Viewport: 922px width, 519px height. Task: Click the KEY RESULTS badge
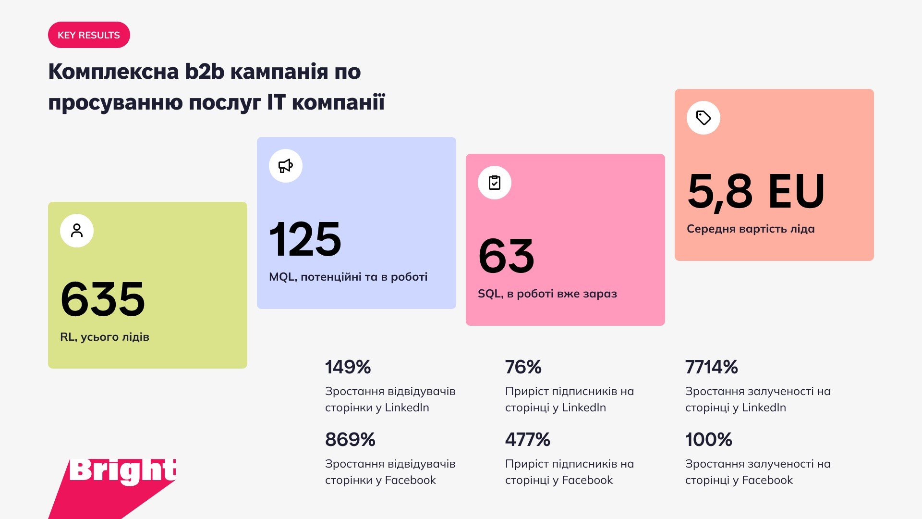[x=89, y=35]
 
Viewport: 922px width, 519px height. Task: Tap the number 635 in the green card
[x=103, y=299]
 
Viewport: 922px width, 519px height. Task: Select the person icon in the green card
[x=77, y=231]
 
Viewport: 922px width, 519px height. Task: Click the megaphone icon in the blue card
[x=286, y=166]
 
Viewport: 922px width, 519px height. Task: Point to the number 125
[x=305, y=239]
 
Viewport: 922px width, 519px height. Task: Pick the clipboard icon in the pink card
[x=495, y=183]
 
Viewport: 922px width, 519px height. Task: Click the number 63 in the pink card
[x=506, y=256]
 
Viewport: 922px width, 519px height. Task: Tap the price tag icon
[x=704, y=118]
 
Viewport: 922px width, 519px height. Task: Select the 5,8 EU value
[x=756, y=191]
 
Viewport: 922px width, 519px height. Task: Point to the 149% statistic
[x=348, y=367]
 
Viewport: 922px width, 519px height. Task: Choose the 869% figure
[x=350, y=440]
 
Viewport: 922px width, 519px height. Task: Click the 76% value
[x=523, y=367]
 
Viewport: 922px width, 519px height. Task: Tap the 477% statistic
[x=527, y=440]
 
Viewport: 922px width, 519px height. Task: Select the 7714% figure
[x=711, y=367]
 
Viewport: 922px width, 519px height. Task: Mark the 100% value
[x=708, y=440]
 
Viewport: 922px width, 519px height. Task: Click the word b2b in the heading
[x=205, y=71]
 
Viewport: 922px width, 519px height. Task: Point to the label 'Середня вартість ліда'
[x=751, y=229]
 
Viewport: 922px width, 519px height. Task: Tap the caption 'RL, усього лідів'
[x=105, y=337]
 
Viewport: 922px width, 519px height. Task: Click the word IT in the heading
[x=276, y=102]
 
